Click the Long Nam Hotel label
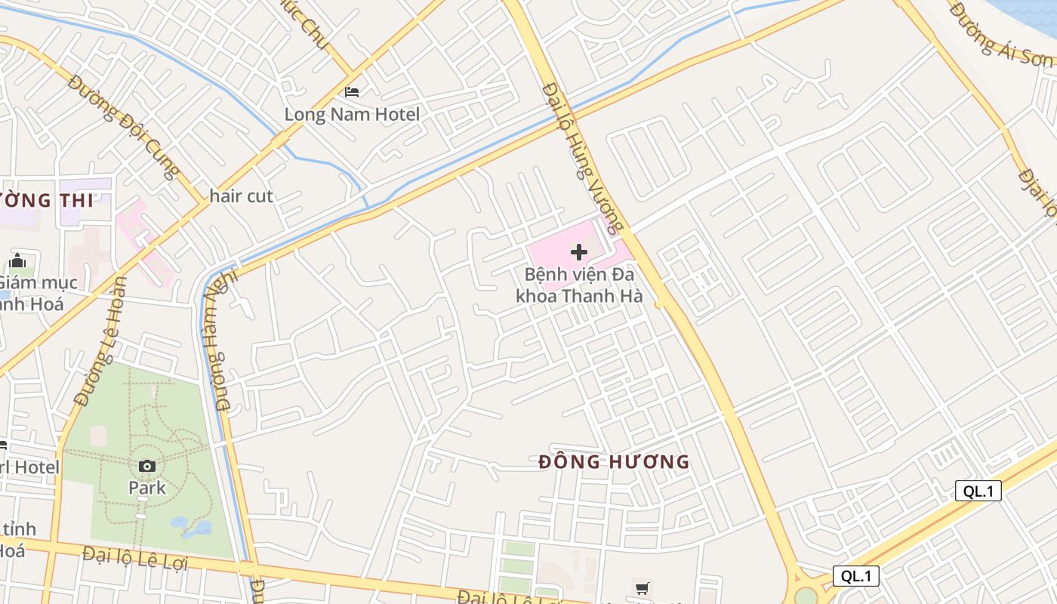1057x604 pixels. coord(352,115)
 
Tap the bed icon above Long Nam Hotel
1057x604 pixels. coord(352,92)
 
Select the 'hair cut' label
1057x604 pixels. coord(241,196)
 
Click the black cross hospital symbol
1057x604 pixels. coord(579,252)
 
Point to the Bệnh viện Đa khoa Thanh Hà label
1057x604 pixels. coord(579,285)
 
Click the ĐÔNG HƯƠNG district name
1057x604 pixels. coord(615,462)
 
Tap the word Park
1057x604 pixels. coord(147,488)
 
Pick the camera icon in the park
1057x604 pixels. coord(147,467)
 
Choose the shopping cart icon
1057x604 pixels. coord(642,588)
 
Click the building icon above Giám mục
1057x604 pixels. coord(17,261)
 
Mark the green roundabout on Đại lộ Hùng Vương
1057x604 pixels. coord(806,596)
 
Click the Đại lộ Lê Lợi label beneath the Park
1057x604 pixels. coord(135,559)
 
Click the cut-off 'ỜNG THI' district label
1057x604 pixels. coord(47,201)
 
